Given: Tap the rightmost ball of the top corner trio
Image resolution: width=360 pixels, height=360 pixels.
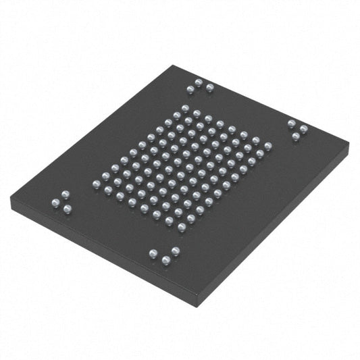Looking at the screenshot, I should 209,86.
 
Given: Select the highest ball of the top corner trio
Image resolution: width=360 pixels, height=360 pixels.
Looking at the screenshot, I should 198,82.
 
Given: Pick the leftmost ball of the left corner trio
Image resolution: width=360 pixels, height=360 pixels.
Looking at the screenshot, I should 55,201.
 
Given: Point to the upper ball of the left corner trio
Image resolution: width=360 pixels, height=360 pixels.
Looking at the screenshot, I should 66,195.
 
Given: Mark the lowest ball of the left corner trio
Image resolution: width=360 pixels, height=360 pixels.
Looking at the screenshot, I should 68,209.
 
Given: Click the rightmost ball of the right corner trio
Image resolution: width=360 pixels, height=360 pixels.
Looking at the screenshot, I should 303,127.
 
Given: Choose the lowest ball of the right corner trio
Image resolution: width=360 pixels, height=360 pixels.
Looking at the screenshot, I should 296,136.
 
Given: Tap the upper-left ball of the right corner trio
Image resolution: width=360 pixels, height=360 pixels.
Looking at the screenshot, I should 291,123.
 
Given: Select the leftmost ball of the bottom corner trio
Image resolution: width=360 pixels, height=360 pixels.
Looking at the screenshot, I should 153,253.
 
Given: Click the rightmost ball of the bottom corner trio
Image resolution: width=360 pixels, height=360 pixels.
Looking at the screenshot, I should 176,251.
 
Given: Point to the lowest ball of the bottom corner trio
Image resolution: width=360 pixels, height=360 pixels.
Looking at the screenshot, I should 165,261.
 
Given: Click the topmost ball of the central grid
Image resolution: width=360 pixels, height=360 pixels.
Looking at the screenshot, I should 185,108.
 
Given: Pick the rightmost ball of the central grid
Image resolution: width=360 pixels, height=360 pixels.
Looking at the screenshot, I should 268,145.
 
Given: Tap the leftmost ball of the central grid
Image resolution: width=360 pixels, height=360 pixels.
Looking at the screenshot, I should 95,184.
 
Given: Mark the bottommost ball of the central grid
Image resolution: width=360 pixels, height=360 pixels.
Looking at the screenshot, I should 182,227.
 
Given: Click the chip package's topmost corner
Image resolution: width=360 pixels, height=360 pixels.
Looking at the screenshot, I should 174,65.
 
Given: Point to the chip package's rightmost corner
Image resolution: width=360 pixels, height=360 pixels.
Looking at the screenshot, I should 349,146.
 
